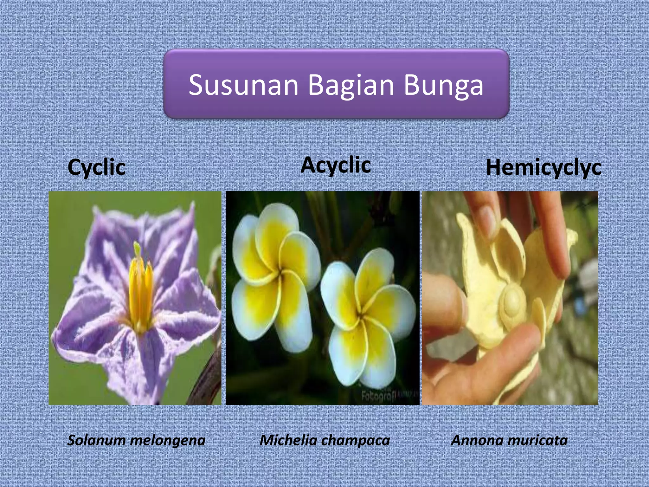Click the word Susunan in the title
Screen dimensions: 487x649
(243, 85)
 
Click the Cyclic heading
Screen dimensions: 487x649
(96, 167)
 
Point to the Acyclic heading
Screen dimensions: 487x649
(336, 166)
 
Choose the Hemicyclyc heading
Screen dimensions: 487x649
(543, 167)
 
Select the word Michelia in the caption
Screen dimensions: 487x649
(288, 440)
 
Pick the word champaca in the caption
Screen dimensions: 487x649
(358, 441)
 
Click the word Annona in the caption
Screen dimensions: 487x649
(474, 440)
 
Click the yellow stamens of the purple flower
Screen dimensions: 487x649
(140, 292)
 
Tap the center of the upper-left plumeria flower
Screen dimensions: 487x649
(280, 272)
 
